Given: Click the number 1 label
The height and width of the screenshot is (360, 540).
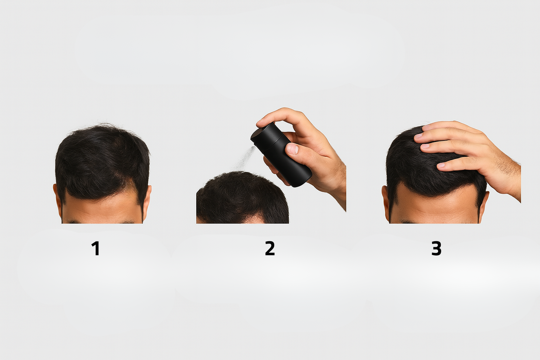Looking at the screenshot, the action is click(96, 248).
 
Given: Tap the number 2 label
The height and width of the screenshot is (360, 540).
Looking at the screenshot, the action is click(270, 248).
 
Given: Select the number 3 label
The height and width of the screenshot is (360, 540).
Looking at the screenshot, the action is click(436, 248).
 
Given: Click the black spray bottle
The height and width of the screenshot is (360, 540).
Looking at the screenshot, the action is click(281, 155).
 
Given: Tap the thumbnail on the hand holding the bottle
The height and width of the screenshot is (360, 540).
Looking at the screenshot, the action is click(292, 149).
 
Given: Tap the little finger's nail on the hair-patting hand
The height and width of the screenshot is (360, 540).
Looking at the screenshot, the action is click(441, 165).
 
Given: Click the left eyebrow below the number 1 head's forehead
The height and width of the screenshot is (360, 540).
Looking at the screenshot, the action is click(73, 222).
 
